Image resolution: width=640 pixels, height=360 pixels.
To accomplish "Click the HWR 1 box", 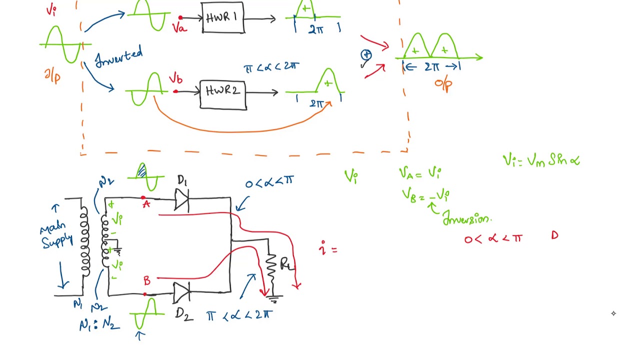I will [x=223, y=18].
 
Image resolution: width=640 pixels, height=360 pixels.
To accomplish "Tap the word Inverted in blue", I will [x=119, y=57].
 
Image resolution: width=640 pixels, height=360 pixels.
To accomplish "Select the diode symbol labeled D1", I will [x=182, y=201].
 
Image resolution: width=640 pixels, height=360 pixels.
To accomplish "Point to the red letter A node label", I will [x=145, y=204].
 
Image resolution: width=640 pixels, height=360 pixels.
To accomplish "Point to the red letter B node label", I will [x=147, y=280].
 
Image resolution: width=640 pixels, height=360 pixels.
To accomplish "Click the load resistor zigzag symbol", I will [x=271, y=270].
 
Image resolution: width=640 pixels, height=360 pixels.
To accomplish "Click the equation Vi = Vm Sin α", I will [x=541, y=160].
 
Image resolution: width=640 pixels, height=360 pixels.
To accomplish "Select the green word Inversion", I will [x=467, y=219].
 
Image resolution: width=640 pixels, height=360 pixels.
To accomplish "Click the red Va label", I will [x=179, y=28].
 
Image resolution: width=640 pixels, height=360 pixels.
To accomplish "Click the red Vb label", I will [x=175, y=79].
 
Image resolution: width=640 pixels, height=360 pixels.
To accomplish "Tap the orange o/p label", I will [x=443, y=84].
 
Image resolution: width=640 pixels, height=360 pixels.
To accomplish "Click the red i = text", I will [x=328, y=248].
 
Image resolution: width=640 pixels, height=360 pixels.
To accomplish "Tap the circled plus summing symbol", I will [x=366, y=55].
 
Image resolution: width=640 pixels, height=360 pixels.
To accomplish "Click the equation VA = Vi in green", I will [x=420, y=173].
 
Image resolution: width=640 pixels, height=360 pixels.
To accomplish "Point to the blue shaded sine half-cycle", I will [x=142, y=171].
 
